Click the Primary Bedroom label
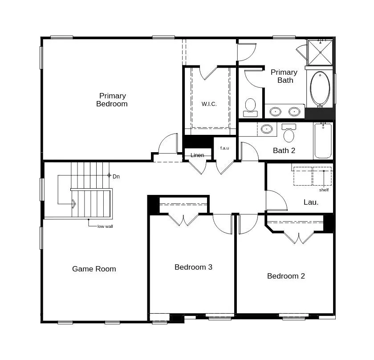point(112,100)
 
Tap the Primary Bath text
point(284,76)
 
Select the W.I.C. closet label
point(209,104)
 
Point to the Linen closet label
point(197,155)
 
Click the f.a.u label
point(224,148)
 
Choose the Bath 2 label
point(284,150)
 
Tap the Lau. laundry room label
point(311,202)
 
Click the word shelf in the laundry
point(324,190)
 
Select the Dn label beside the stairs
point(116,177)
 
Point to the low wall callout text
point(105,226)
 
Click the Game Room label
point(94,269)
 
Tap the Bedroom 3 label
point(193,267)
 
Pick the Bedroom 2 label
point(286,276)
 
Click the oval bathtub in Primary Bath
point(320,88)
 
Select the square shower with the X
point(320,53)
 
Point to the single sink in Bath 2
point(267,129)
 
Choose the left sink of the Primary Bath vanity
point(276,111)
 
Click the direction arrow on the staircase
point(73,204)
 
